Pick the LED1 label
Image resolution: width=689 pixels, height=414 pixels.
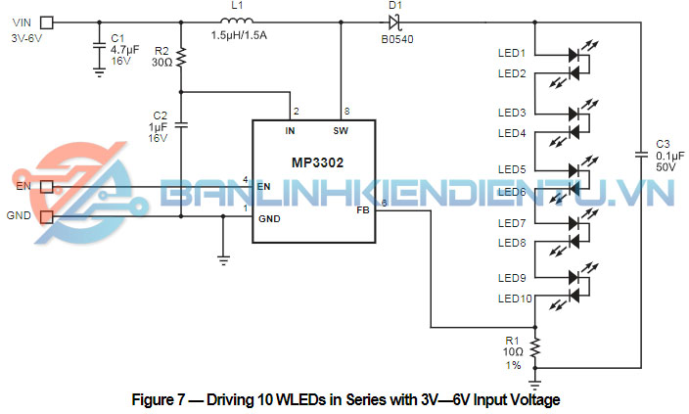pyautogui.click(x=511, y=53)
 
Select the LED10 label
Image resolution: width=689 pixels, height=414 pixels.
pyautogui.click(x=514, y=299)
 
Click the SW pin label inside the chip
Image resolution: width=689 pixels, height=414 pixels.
pyautogui.click(x=341, y=129)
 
